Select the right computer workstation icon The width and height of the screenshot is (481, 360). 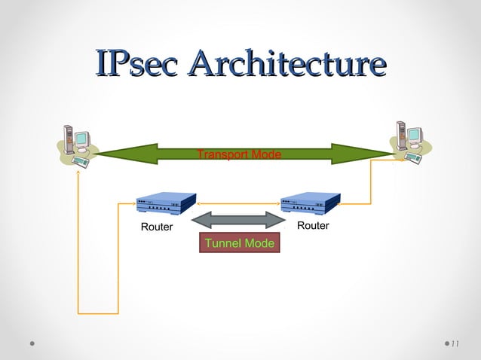[x=407, y=141]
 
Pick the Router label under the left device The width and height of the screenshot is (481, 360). [x=157, y=227]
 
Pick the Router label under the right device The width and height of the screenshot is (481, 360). [x=313, y=226]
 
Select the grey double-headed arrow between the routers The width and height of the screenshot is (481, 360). [x=239, y=220]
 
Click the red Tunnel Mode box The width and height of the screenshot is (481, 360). [x=239, y=243]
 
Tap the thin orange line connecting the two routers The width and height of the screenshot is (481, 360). [x=238, y=203]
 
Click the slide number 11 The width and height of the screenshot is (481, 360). [x=455, y=344]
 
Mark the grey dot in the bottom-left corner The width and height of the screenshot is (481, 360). [x=32, y=343]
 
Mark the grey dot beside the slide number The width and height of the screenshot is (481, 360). [x=444, y=343]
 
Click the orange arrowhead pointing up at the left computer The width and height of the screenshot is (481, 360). [x=78, y=172]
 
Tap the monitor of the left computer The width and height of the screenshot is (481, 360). [x=81, y=140]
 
